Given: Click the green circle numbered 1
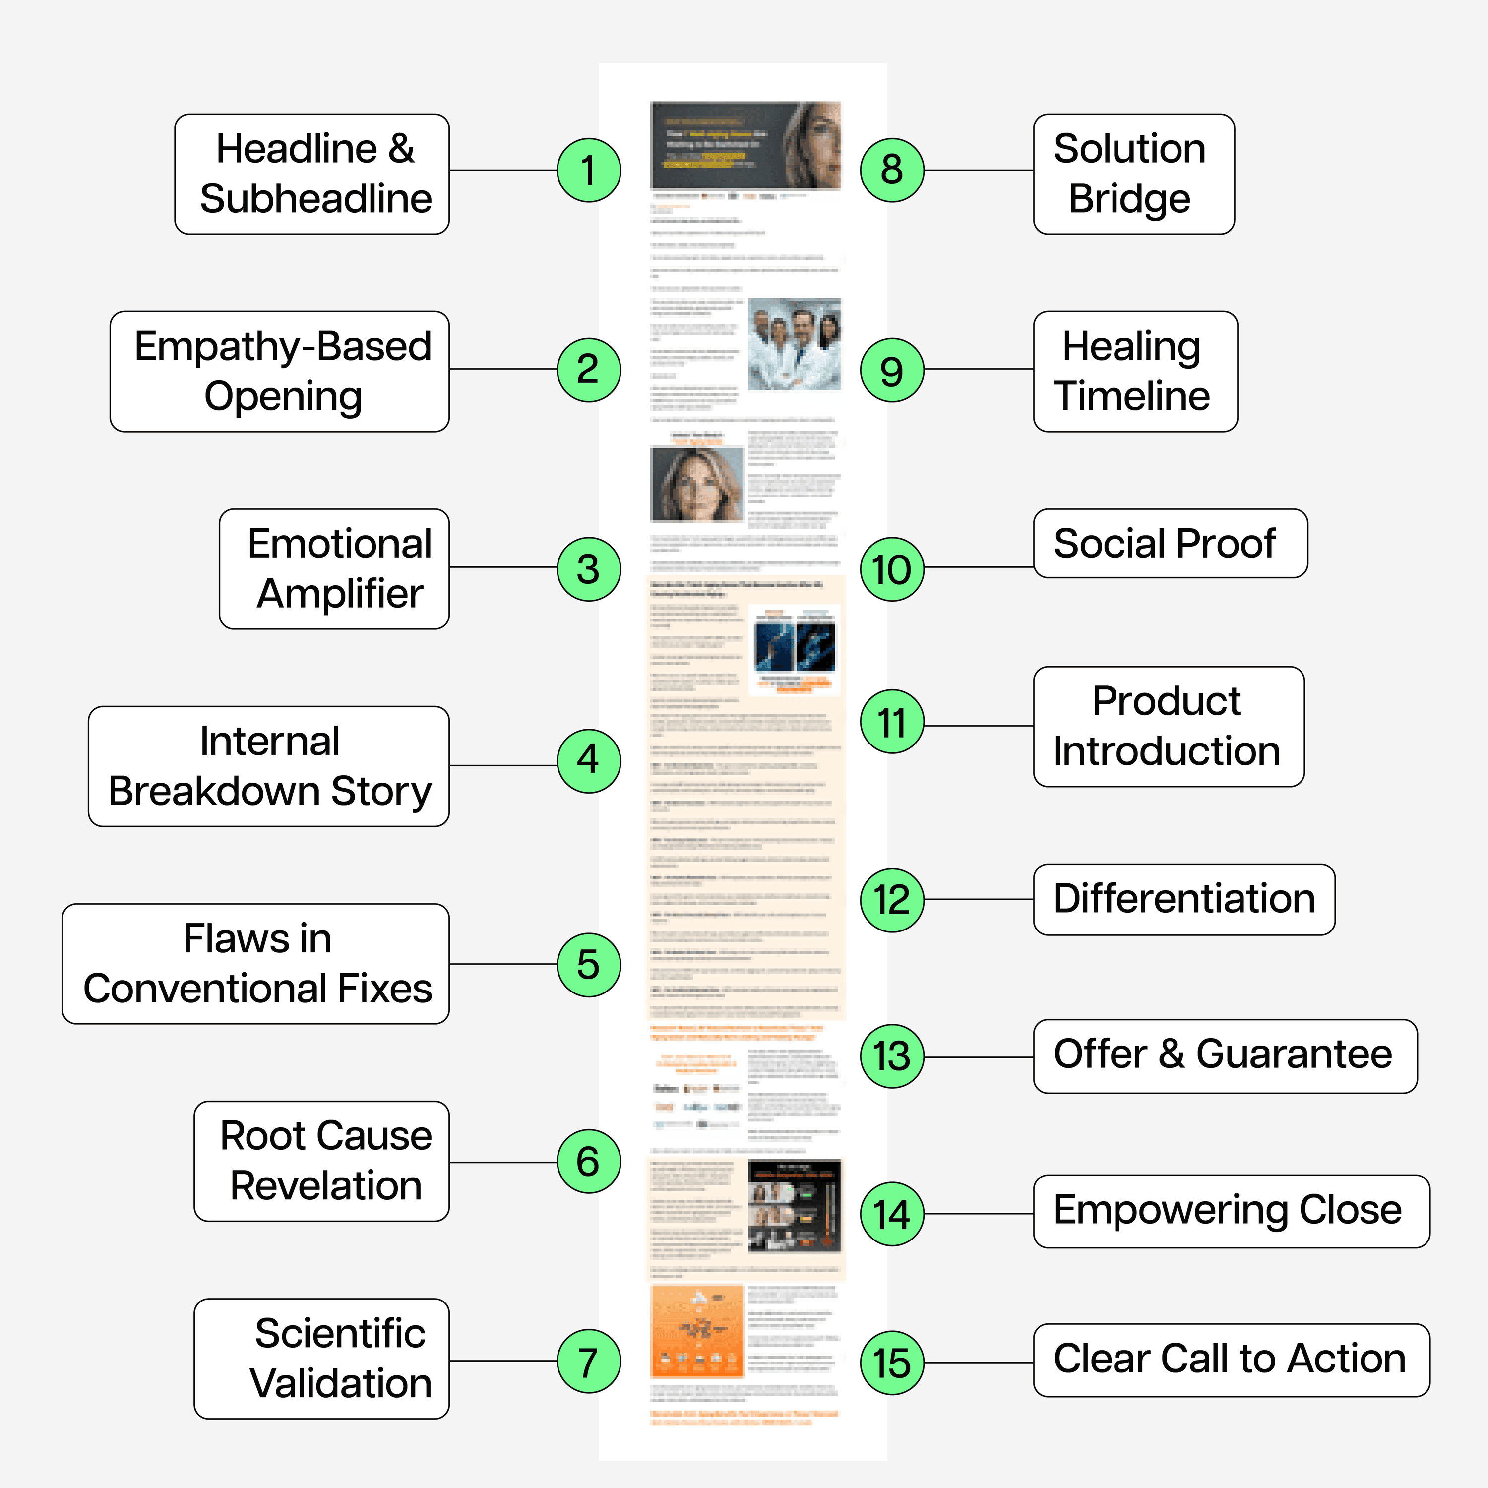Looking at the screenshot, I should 588,170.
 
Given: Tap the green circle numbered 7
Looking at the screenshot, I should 588,1361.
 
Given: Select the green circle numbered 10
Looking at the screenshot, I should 892,569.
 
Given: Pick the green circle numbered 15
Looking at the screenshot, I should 892,1363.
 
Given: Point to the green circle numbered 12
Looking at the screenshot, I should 892,900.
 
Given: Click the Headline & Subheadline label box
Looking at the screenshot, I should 312,174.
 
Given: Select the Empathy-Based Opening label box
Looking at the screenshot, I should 280,371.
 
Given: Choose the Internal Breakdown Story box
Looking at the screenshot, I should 269,766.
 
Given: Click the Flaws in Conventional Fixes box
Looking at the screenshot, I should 256,964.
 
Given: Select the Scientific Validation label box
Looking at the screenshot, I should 322,1359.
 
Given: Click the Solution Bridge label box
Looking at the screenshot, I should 1134,174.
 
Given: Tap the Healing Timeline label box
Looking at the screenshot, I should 1135,371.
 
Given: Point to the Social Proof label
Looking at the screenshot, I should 1170,543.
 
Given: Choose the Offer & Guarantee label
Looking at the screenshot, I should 1225,1056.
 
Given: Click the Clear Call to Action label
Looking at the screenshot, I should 1231,1360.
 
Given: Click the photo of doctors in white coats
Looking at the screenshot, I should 794,344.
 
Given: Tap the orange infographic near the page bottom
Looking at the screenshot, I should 697,1330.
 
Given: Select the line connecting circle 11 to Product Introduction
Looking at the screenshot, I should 978,726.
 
